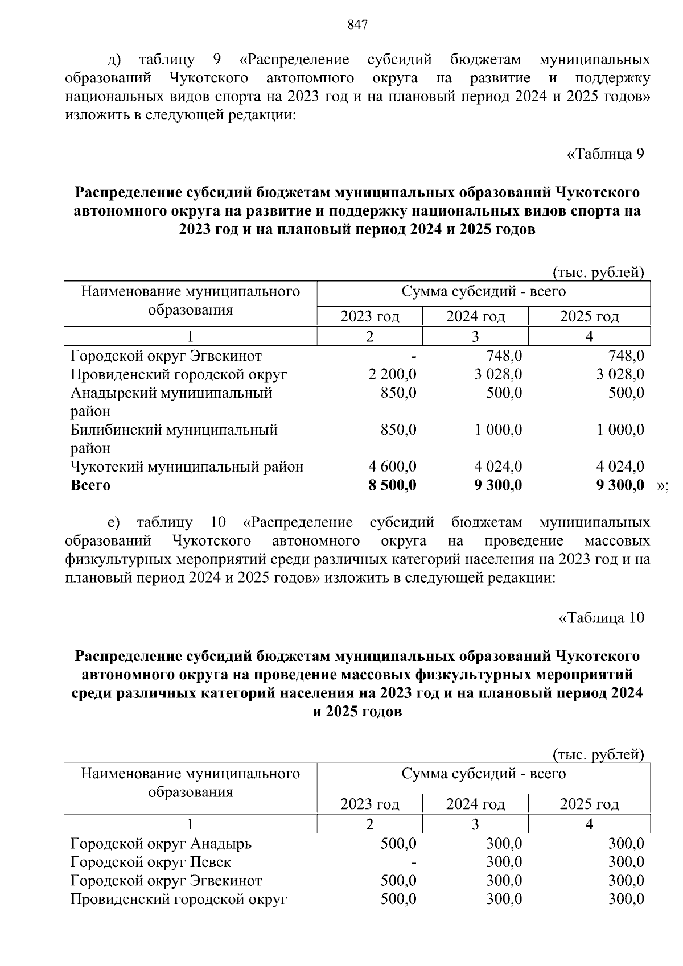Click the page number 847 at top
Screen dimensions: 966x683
(357, 25)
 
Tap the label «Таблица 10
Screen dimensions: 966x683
(602, 618)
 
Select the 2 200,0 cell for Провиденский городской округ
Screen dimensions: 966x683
(392, 374)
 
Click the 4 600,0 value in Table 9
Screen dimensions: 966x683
(392, 467)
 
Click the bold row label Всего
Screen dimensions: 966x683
(90, 485)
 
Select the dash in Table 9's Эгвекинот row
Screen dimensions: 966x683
(414, 357)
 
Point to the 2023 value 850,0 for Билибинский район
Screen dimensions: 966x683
(398, 430)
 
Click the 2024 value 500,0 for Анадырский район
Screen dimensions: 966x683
(504, 393)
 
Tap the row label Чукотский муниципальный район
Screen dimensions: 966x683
(187, 467)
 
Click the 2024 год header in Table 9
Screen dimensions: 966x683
(475, 316)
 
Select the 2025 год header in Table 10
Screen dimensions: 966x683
(589, 804)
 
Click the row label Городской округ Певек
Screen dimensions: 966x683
(151, 862)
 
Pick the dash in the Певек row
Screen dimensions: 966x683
(414, 862)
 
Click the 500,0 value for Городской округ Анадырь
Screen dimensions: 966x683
(398, 843)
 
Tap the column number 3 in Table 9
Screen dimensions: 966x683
(475, 336)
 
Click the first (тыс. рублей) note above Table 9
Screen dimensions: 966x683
(598, 273)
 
